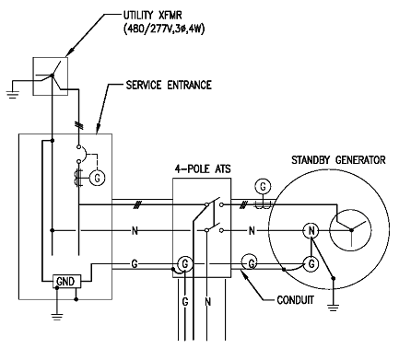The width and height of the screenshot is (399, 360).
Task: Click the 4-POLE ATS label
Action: [204, 169]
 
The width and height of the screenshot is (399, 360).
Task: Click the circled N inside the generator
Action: [311, 230]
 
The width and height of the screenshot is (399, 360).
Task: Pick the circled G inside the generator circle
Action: [312, 264]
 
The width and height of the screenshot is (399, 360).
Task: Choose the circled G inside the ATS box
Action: [185, 264]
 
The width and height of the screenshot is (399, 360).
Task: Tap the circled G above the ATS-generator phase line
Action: [264, 186]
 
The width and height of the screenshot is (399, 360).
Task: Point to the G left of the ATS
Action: [135, 264]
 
